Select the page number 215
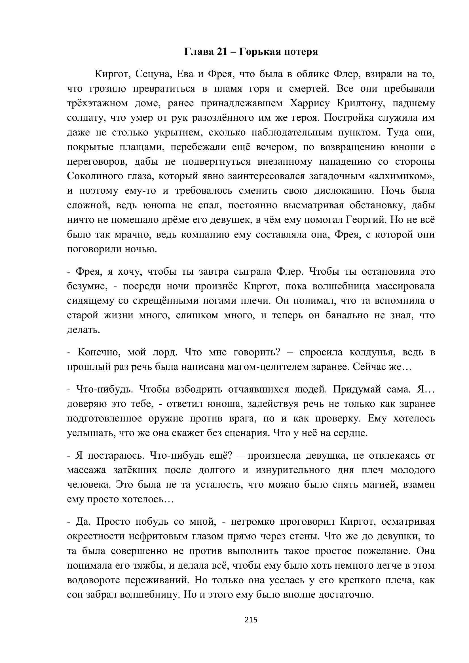click(251, 620)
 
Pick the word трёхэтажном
click(97, 103)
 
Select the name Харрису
click(310, 103)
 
